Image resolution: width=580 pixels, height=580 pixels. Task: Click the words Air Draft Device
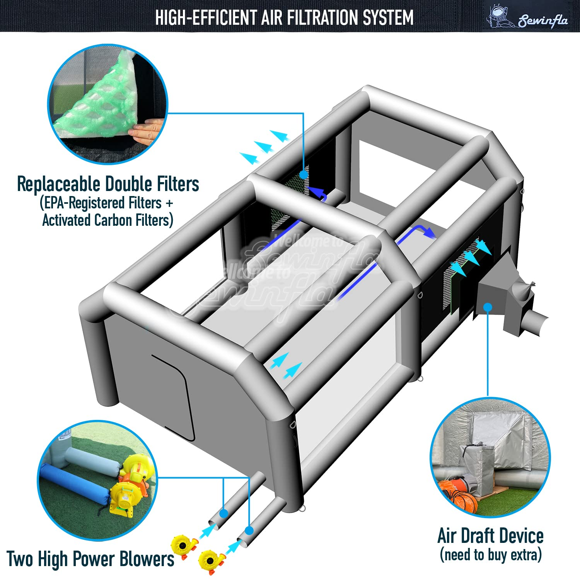coord(490,536)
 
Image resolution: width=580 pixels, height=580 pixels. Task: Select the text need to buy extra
coord(491,555)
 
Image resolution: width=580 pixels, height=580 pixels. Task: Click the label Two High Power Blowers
coord(90,559)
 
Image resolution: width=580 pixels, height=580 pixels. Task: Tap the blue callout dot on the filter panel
coord(304,175)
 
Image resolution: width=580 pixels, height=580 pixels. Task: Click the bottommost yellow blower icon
coord(211,561)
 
